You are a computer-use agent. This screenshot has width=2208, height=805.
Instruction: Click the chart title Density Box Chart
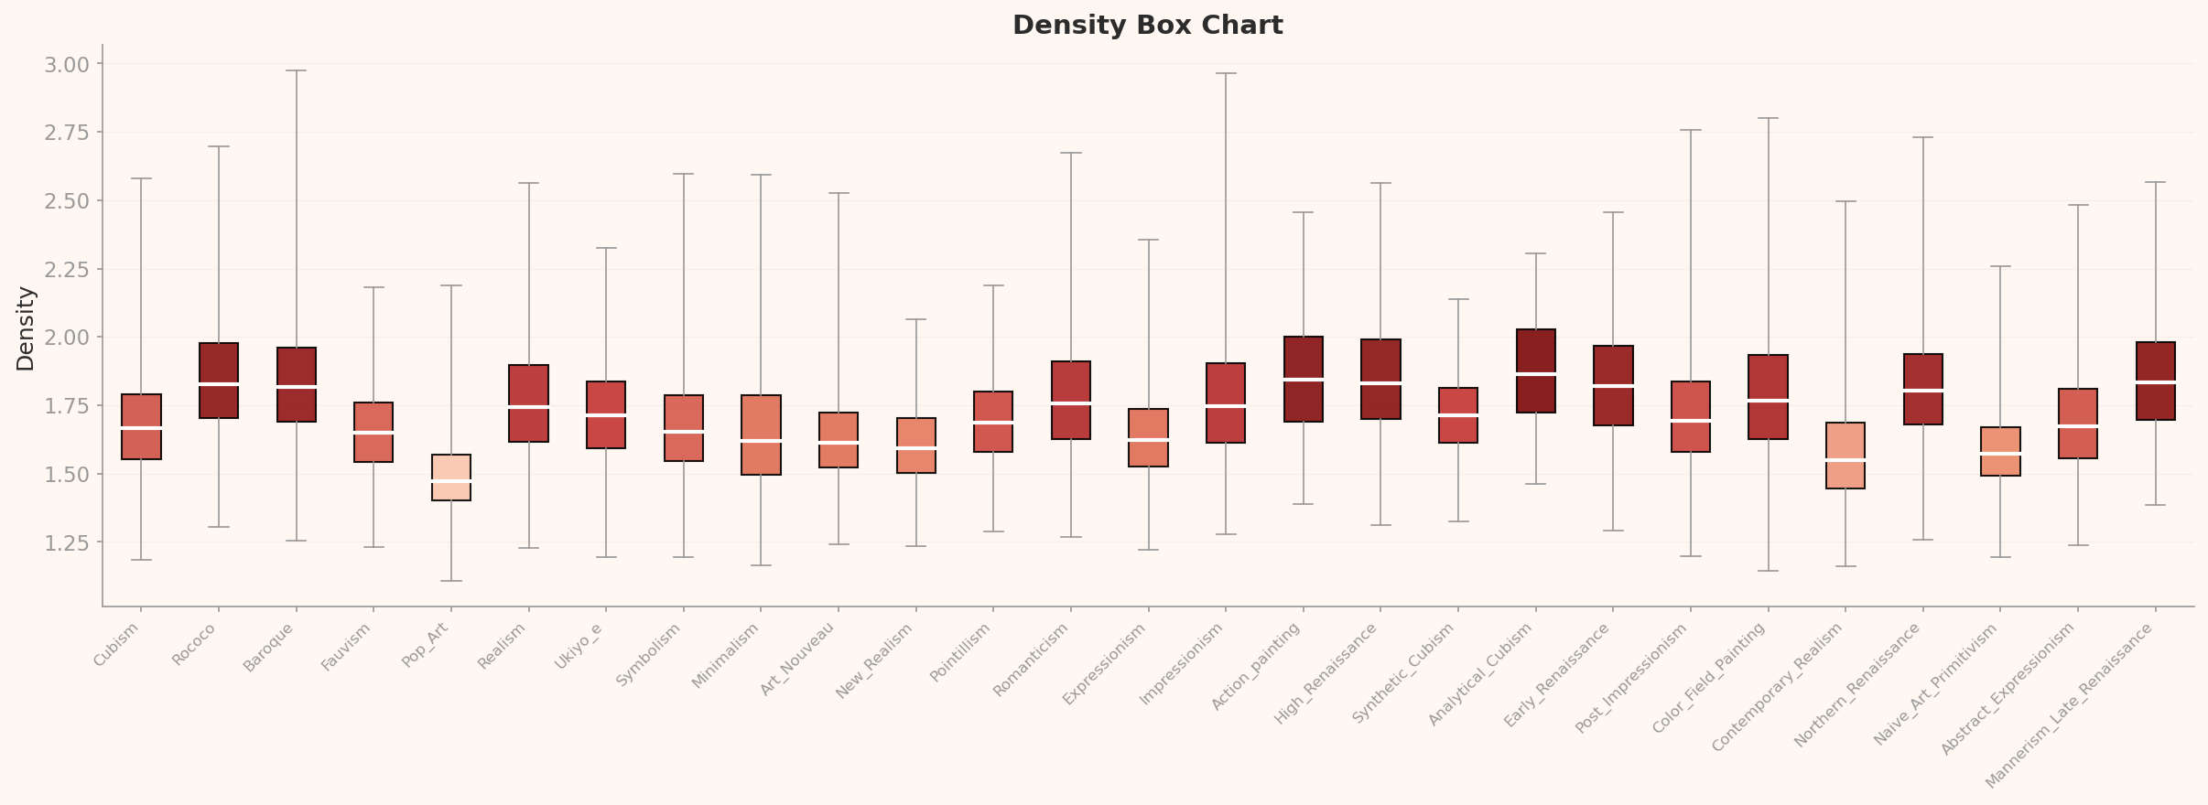pos(1147,26)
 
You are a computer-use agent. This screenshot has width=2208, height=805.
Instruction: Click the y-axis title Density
pos(26,328)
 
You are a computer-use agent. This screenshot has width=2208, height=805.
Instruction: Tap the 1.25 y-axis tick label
pos(66,543)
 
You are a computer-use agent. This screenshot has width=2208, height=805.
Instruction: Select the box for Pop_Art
pos(451,477)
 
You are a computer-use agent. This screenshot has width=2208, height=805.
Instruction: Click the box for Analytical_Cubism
pos(1535,370)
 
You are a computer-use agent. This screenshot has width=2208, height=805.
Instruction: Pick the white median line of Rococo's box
pos(219,384)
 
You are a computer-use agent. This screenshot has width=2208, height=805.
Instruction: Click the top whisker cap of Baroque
pos(296,70)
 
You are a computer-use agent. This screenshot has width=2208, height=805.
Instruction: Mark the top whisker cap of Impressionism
pos(1226,73)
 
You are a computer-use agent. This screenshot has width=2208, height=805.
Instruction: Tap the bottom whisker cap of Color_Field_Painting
pos(1768,571)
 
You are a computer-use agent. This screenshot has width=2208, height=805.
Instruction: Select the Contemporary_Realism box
pos(1845,456)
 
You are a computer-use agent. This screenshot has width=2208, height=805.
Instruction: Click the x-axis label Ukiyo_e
pos(579,647)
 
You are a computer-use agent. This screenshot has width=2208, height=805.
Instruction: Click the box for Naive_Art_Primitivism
pos(2000,451)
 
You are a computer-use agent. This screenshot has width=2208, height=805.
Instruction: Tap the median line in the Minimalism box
pos(761,441)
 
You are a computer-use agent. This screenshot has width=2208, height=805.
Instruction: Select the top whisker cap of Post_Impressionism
pos(1690,130)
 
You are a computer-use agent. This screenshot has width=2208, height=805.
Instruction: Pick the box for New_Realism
pos(915,445)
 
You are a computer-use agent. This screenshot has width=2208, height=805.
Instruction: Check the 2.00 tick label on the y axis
pos(66,338)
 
